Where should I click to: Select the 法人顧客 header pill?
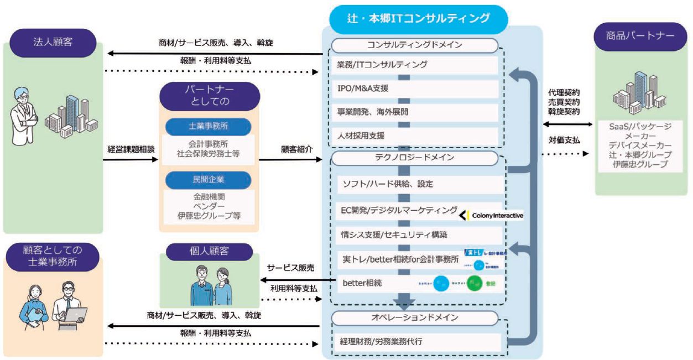(x=54, y=42)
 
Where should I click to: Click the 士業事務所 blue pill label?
(x=208, y=127)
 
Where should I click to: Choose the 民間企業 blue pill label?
(x=208, y=180)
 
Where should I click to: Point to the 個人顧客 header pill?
(x=208, y=252)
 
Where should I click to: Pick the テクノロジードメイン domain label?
(x=418, y=158)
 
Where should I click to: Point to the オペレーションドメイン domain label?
(x=418, y=318)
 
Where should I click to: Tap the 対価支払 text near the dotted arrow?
(x=564, y=141)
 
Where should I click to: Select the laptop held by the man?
(x=76, y=315)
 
